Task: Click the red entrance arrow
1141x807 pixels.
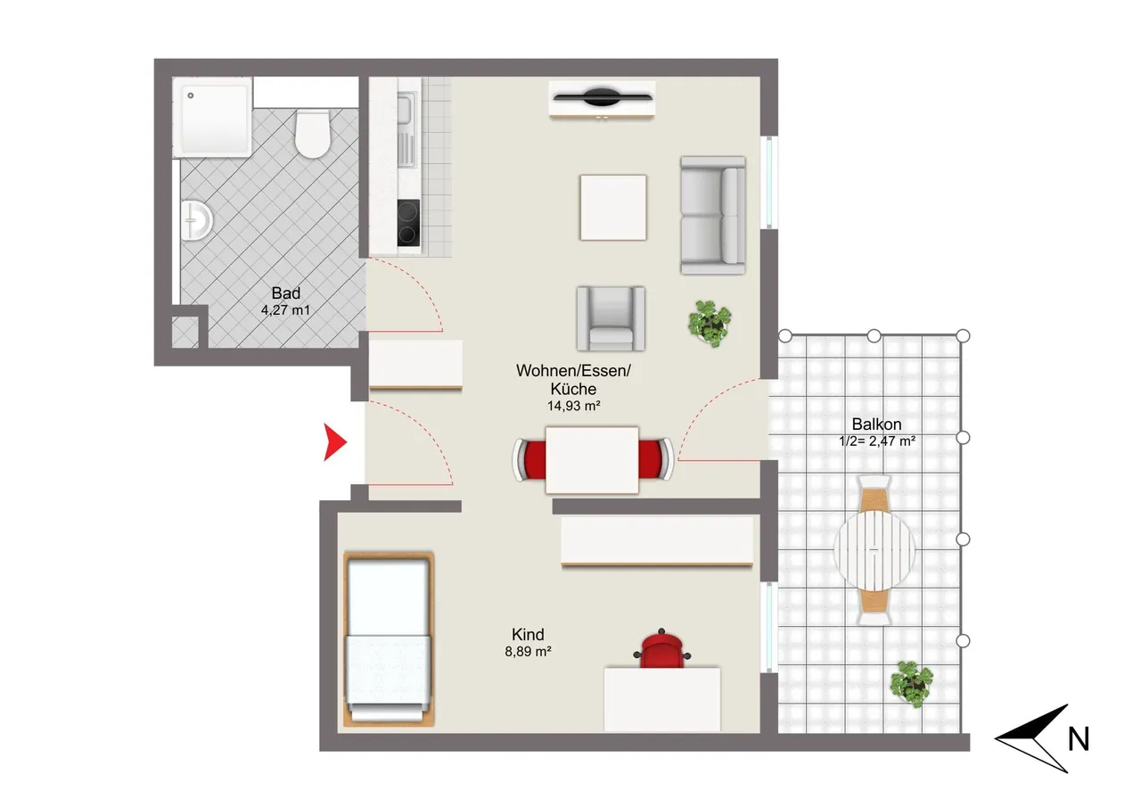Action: [x=334, y=441]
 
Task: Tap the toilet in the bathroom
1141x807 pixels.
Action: [x=312, y=133]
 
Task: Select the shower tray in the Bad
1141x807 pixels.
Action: [x=212, y=117]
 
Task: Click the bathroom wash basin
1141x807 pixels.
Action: [x=196, y=220]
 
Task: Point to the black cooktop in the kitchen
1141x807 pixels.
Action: [x=408, y=223]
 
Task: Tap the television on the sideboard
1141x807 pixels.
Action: [x=603, y=97]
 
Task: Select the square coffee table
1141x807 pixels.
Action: [x=613, y=208]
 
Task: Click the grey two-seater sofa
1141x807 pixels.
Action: [x=712, y=215]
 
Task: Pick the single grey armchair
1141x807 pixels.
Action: [x=611, y=318]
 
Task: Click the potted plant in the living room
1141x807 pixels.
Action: [x=709, y=323]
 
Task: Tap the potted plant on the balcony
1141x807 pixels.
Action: [x=911, y=684]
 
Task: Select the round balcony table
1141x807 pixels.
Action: [x=874, y=550]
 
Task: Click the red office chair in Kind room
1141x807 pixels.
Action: [x=661, y=648]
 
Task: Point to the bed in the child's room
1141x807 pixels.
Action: [x=388, y=638]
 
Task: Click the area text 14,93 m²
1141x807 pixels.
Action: [x=573, y=406]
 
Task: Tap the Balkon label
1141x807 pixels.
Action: [x=876, y=424]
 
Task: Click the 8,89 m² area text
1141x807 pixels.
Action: [x=529, y=652]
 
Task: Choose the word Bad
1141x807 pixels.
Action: [x=286, y=293]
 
